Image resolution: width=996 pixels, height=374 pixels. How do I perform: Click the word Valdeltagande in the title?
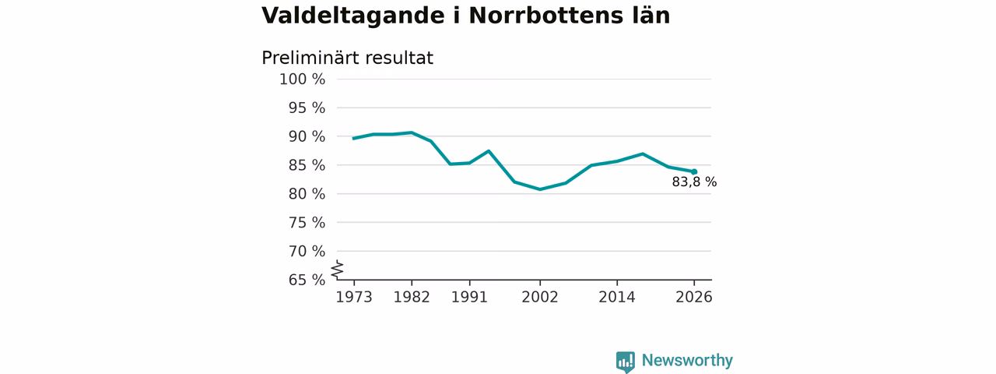click(353, 16)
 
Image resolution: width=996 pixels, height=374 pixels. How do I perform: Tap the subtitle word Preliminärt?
click(309, 58)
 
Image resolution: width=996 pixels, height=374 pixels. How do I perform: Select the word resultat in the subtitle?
click(398, 58)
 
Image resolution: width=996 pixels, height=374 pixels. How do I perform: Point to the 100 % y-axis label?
click(303, 79)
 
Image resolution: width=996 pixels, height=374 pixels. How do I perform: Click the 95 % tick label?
click(307, 108)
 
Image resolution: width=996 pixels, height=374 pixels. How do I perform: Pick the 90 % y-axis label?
click(307, 136)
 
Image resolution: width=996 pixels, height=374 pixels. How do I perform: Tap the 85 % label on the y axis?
click(307, 165)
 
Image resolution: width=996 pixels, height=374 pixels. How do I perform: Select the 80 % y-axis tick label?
click(307, 194)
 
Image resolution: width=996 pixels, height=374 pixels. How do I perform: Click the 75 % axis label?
click(307, 223)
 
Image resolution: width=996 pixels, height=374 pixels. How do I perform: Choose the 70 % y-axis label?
click(307, 252)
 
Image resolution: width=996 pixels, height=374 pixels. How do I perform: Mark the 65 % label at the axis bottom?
click(307, 280)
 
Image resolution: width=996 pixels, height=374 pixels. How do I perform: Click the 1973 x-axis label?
click(354, 297)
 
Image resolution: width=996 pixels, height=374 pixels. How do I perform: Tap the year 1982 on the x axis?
click(412, 297)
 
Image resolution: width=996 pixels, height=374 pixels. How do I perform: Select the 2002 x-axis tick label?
click(540, 297)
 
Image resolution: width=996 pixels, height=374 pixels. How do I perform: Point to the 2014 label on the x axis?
click(617, 297)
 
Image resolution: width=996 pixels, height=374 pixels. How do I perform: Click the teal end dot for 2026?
click(694, 172)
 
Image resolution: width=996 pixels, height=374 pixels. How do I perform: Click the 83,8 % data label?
click(694, 182)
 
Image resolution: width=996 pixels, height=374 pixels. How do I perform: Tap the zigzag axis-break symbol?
click(338, 270)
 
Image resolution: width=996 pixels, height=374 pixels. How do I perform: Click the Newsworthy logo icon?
click(626, 362)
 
